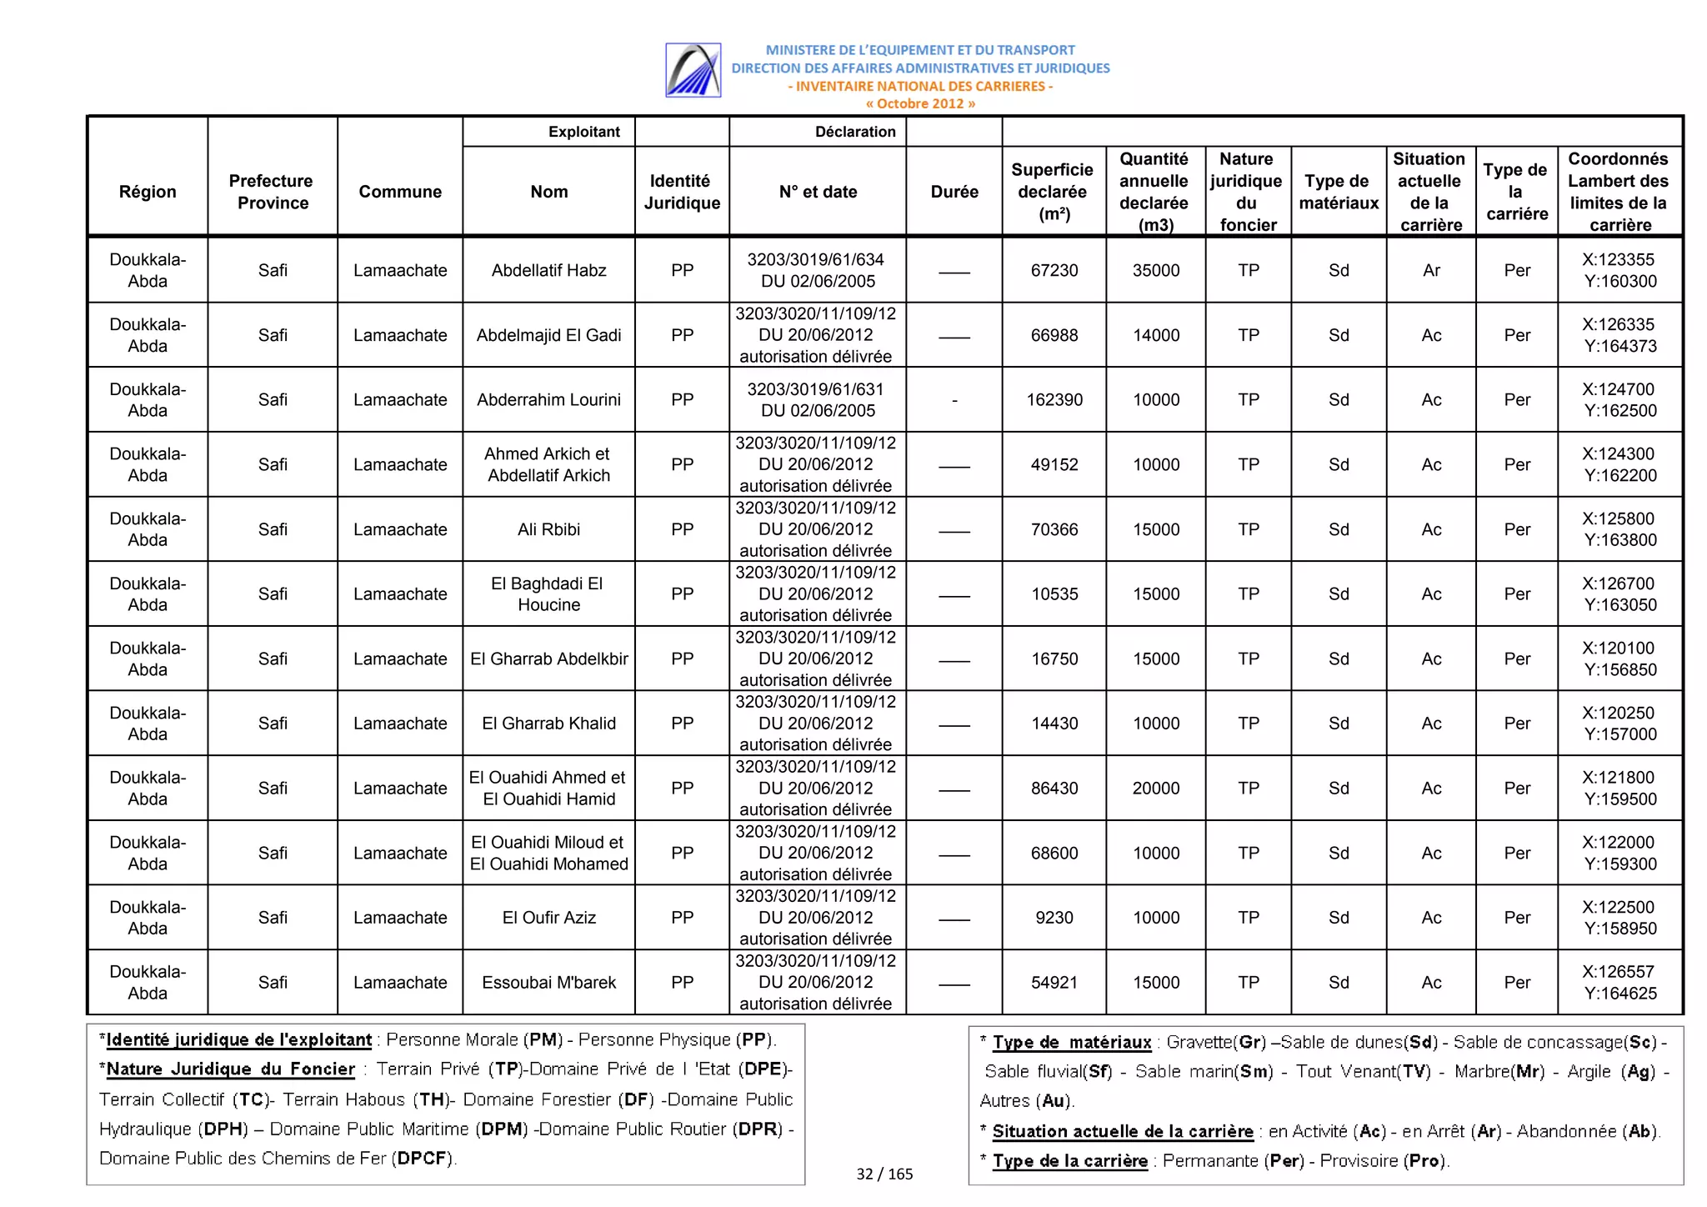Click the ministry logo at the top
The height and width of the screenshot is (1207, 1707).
pyautogui.click(x=693, y=70)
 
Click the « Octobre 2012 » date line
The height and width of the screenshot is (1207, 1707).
pyautogui.click(x=919, y=103)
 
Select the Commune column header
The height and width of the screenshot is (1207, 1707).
pyautogui.click(x=400, y=192)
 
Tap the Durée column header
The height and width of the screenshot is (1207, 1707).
pyautogui.click(x=954, y=192)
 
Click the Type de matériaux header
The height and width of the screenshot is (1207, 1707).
pyautogui.click(x=1338, y=192)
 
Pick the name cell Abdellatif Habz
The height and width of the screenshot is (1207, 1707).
pyautogui.click(x=548, y=270)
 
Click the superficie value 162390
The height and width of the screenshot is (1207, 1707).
pyautogui.click(x=1054, y=400)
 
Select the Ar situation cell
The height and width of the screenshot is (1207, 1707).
pyautogui.click(x=1430, y=270)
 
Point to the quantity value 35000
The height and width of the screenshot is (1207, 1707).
pyautogui.click(x=1155, y=270)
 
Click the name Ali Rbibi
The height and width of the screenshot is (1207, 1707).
pyautogui.click(x=548, y=529)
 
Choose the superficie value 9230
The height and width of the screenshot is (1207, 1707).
pyautogui.click(x=1054, y=918)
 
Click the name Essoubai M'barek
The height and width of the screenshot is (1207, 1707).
pyautogui.click(x=548, y=983)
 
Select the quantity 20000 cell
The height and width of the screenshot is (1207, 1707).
pyautogui.click(x=1155, y=789)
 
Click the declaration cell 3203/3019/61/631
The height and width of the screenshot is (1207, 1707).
pyautogui.click(x=815, y=400)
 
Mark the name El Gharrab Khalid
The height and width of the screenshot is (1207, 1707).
pyautogui.click(x=548, y=724)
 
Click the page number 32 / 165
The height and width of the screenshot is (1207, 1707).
pyautogui.click(x=884, y=1174)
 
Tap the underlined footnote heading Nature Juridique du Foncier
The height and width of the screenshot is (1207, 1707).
pyautogui.click(x=231, y=1069)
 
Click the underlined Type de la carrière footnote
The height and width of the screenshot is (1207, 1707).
pyautogui.click(x=1069, y=1161)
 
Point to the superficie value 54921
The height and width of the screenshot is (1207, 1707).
pyautogui.click(x=1054, y=983)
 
